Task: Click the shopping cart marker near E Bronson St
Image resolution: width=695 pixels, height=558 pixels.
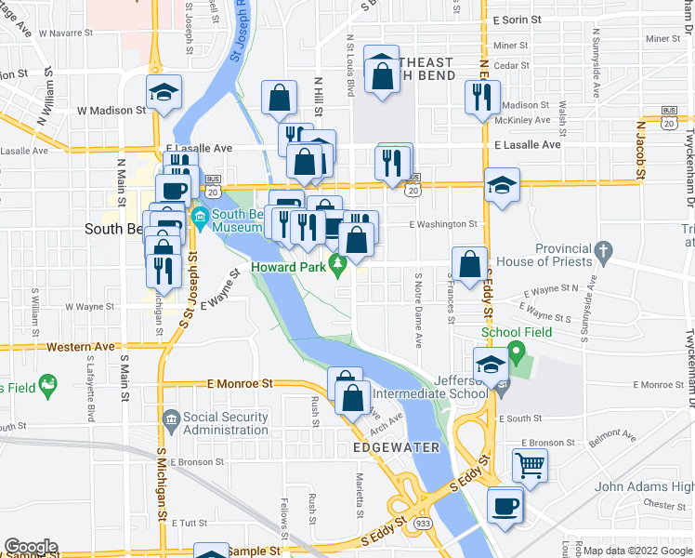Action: point(530,464)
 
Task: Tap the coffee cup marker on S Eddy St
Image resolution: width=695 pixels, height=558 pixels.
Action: point(505,506)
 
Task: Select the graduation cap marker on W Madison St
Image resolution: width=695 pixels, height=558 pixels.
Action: point(164,92)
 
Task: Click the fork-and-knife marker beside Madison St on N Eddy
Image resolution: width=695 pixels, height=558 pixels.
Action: point(481,98)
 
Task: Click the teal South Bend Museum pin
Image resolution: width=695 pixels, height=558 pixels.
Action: point(199,219)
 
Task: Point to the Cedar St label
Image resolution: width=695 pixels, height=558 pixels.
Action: point(511,66)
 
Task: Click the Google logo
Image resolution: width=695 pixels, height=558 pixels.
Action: point(31,547)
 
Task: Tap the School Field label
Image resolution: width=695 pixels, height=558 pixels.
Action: point(516,332)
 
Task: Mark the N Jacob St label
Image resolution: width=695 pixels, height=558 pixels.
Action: point(640,149)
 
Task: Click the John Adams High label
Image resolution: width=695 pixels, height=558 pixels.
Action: point(644,486)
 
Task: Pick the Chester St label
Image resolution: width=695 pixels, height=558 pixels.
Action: point(663,504)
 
